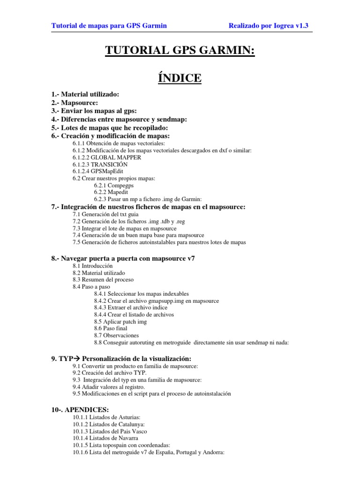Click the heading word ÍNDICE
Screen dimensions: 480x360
(180, 77)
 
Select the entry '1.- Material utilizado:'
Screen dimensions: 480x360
(85, 94)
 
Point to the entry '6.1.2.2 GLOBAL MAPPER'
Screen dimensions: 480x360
(107, 157)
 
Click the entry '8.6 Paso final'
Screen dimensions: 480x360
(111, 329)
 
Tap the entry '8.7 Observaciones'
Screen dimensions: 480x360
(116, 336)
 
